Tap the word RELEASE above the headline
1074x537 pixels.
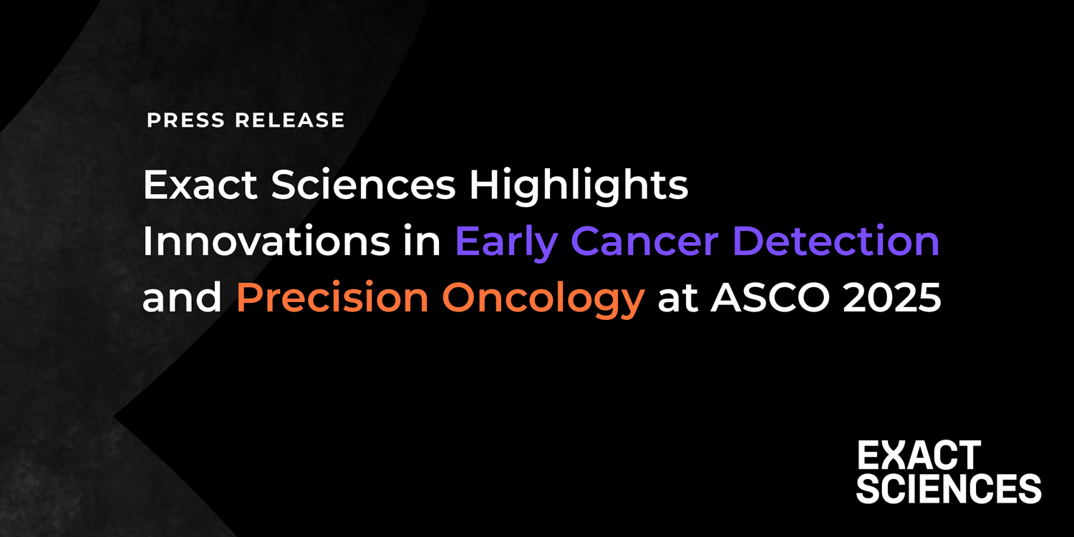click(290, 120)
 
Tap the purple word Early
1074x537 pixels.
click(505, 243)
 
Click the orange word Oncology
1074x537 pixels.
click(543, 299)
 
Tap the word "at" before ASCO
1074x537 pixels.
click(677, 299)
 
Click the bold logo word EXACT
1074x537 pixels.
click(919, 456)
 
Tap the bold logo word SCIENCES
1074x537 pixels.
click(949, 488)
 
